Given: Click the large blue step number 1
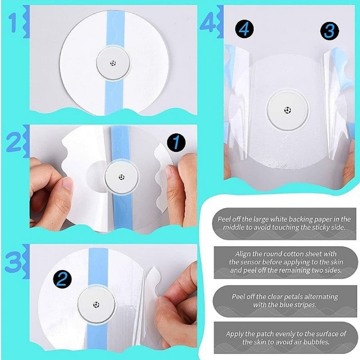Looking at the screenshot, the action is pos(13,23).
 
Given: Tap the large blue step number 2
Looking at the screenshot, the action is pos(14,142).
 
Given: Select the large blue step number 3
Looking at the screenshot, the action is pos(14,262).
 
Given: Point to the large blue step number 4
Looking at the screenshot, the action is pos(208,22).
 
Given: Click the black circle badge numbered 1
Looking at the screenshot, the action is pos(176,142).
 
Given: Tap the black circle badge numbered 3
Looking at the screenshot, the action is pos(330,31).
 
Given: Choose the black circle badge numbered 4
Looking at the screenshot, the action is pos(244,29).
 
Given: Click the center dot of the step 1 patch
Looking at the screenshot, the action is pos(113,63).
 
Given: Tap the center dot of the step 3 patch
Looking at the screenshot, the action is pos(96,305).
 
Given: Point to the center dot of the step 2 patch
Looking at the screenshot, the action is pos(122,177).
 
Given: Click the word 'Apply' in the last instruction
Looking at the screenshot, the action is pos(234,334).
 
